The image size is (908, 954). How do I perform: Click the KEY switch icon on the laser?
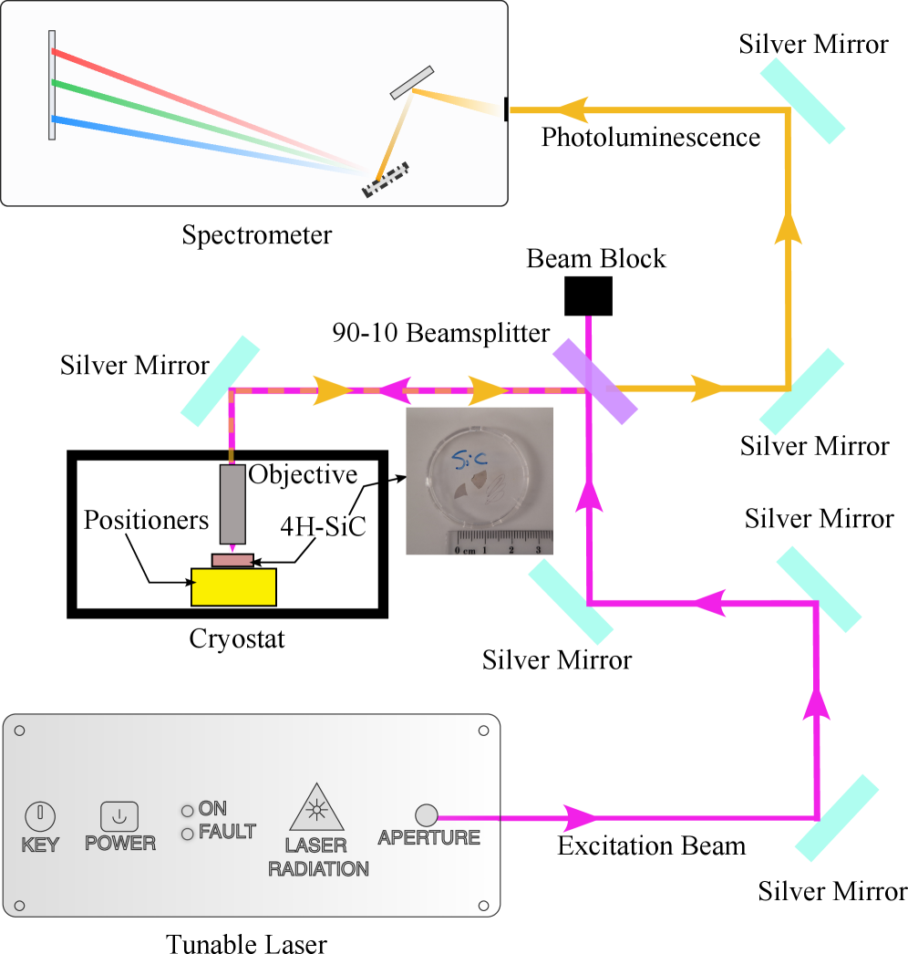point(40,814)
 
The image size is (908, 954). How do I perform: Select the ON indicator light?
point(188,811)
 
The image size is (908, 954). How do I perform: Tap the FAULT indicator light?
point(188,834)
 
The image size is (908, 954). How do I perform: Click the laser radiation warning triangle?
point(316,807)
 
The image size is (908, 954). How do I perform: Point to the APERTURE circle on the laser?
point(426,814)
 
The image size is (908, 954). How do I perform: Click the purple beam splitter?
point(594,381)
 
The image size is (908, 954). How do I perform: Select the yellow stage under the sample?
point(233,586)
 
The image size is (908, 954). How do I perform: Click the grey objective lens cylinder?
point(232,503)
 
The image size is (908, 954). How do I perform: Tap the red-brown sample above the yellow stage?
point(232,560)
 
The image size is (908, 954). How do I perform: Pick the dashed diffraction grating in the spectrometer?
point(385,181)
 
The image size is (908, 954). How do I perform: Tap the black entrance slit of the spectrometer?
point(506,109)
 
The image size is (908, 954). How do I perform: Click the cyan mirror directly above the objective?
point(220,381)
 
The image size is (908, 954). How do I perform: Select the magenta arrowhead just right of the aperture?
point(579,817)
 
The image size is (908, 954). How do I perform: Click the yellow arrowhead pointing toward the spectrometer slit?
point(573,110)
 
